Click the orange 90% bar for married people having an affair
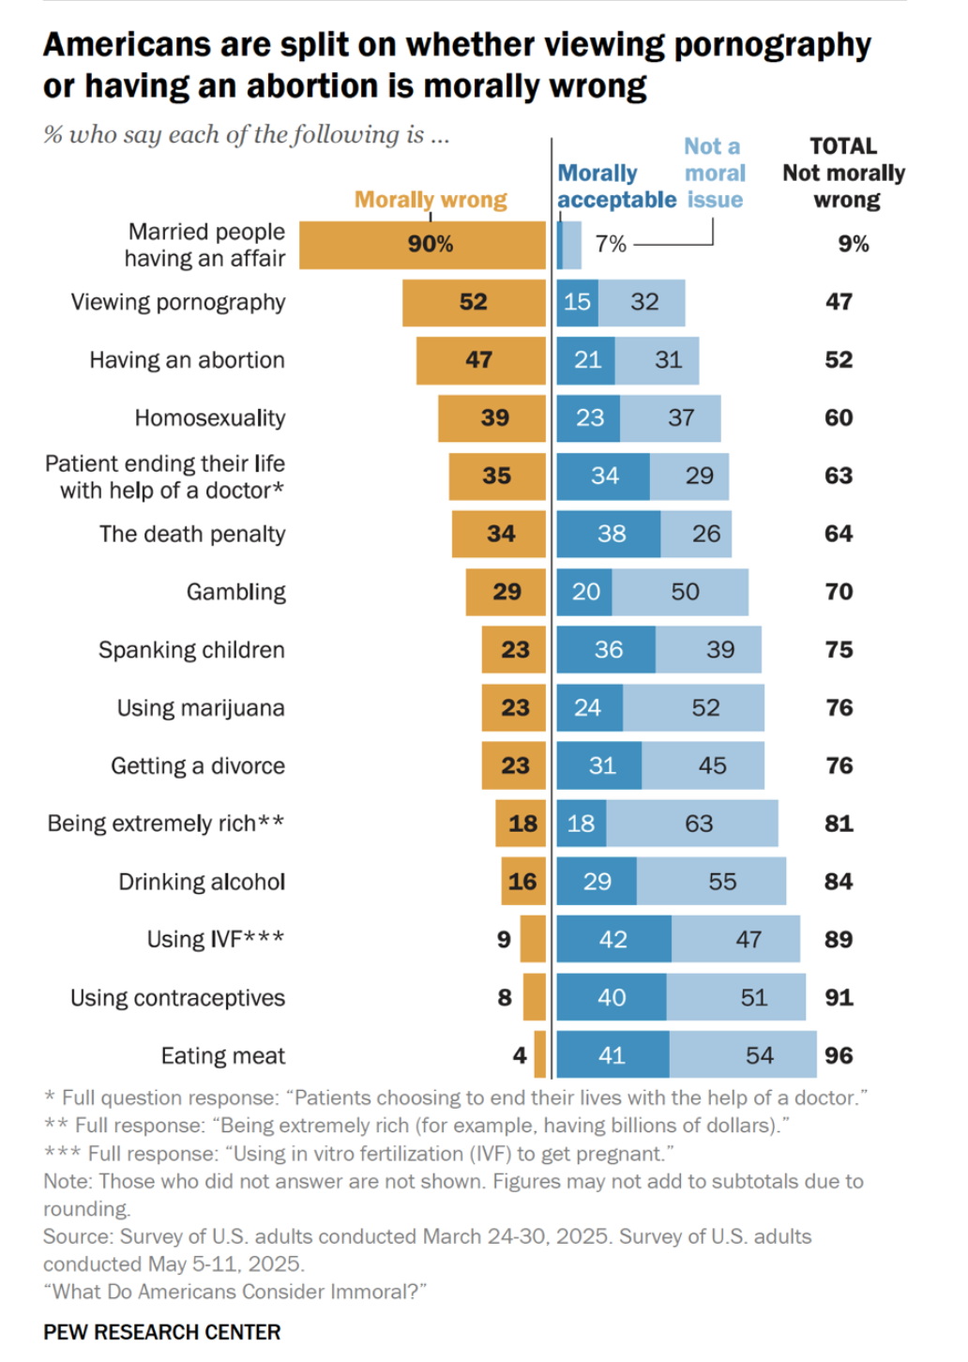pos(422,245)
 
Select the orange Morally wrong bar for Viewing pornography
pos(474,302)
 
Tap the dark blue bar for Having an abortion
pos(586,360)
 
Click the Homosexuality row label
pos(209,418)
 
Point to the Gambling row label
pos(235,592)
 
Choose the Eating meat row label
pos(222,1056)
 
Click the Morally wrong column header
pos(431,200)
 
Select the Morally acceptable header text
pos(616,187)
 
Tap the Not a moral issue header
pos(714,173)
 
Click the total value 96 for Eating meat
pos(839,1055)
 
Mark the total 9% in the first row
pos(854,244)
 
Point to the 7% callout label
pos(611,244)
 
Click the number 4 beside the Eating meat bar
pos(520,1055)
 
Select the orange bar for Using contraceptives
pos(535,997)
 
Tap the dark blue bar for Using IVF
pos(613,939)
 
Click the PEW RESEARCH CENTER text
pos(162,1332)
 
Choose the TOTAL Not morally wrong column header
pos(844,173)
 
